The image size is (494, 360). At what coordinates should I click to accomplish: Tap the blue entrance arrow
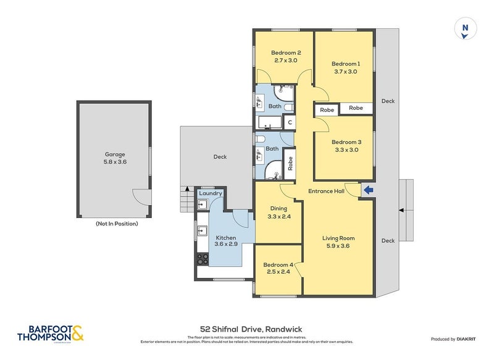[x=369, y=190]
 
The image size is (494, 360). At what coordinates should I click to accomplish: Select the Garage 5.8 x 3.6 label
[x=115, y=158]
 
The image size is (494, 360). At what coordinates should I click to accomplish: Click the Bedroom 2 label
[x=286, y=56]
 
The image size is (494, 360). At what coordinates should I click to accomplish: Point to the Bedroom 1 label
[x=345, y=67]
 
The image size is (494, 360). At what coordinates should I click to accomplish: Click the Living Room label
[x=338, y=241]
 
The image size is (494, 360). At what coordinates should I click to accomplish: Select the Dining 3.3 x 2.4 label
[x=277, y=213]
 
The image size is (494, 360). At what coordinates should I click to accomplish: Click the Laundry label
[x=211, y=194]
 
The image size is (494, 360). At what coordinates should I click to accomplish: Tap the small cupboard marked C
[x=289, y=122]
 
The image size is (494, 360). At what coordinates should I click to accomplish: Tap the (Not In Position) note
[x=117, y=224]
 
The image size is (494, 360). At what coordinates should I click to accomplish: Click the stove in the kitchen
[x=202, y=259]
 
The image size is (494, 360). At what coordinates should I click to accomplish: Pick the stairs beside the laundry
[x=186, y=199]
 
